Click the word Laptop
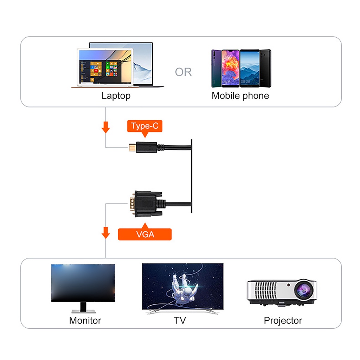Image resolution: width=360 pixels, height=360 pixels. click(x=116, y=96)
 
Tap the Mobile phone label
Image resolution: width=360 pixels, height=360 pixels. click(x=240, y=96)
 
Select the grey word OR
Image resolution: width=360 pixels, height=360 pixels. click(x=183, y=72)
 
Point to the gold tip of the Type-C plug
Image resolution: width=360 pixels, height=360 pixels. click(x=132, y=147)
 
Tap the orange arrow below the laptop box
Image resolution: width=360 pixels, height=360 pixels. click(x=105, y=127)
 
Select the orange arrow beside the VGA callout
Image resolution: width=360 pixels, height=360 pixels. click(x=105, y=233)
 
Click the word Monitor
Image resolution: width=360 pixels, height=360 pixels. click(x=85, y=321)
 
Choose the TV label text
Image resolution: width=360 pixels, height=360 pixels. click(x=180, y=321)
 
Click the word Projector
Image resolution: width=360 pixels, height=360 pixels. click(x=283, y=321)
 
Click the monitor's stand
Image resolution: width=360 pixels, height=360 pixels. click(x=83, y=308)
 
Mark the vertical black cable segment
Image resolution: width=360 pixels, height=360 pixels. click(x=192, y=176)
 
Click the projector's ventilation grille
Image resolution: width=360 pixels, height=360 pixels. click(x=265, y=290)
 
